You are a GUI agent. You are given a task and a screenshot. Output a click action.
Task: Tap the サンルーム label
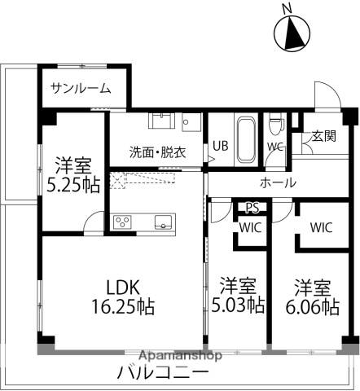[x=80, y=88]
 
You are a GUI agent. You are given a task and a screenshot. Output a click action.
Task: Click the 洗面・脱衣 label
[x=157, y=152]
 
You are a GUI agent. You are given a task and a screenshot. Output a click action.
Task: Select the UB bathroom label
[x=221, y=147]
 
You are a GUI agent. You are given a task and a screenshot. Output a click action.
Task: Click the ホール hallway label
[x=278, y=182]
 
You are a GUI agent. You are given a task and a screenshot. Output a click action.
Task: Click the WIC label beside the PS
[x=249, y=227]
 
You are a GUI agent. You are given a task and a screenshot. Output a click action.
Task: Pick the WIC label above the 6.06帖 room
[x=321, y=227]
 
